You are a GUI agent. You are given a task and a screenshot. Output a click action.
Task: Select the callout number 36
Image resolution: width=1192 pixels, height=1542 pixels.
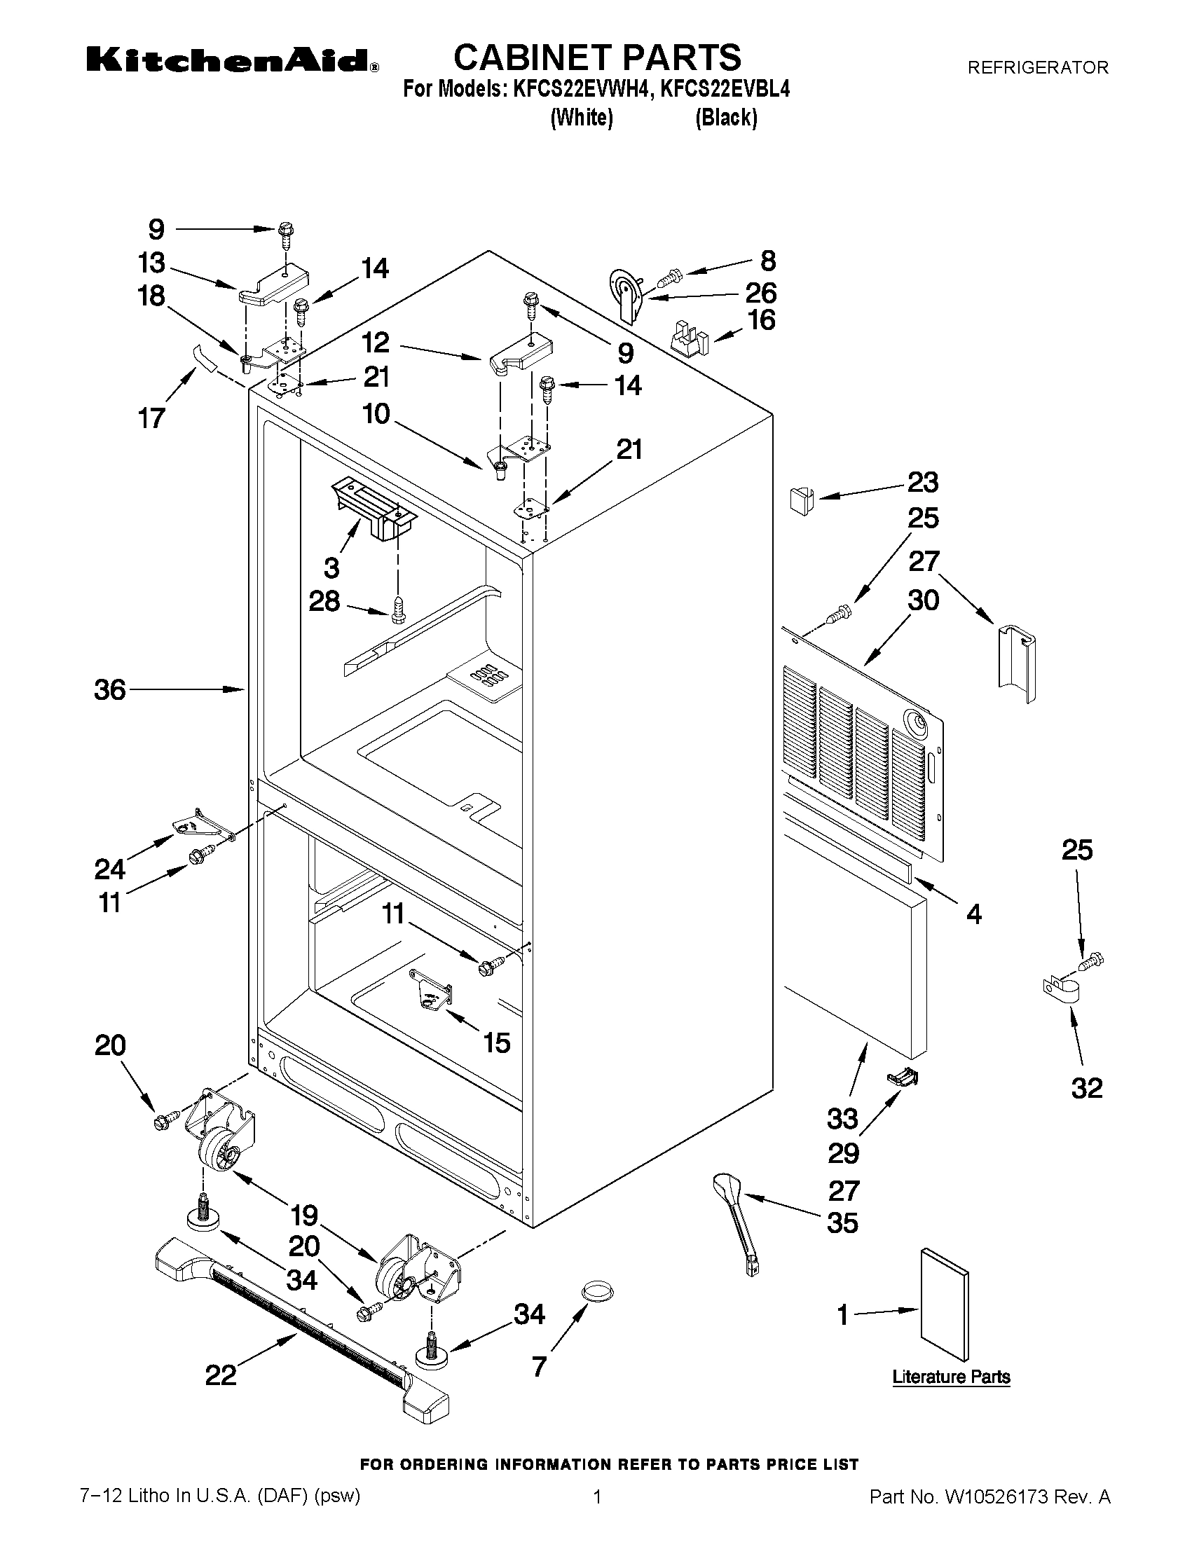(110, 690)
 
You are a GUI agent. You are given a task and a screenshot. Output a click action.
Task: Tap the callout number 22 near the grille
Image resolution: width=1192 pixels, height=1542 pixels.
(220, 1375)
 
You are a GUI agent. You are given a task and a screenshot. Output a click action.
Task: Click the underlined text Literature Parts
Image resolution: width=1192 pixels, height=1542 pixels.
(950, 1376)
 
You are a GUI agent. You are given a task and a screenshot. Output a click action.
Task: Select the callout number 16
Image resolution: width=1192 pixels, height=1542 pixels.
(761, 320)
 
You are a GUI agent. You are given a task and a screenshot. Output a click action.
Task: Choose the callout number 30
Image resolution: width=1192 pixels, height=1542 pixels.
(923, 601)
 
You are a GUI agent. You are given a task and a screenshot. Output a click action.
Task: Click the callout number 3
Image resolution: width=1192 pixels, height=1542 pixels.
(331, 567)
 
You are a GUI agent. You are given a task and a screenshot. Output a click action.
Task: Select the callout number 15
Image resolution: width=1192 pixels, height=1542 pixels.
(496, 1042)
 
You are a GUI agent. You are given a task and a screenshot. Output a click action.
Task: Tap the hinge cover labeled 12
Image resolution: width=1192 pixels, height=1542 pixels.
(521, 354)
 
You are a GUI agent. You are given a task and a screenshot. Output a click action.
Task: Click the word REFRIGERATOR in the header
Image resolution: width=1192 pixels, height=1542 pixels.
(1037, 68)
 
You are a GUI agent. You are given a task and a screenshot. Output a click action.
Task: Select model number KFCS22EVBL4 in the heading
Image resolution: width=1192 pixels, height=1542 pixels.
(725, 90)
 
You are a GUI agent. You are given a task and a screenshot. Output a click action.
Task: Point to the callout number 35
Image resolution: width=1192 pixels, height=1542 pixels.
(842, 1222)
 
